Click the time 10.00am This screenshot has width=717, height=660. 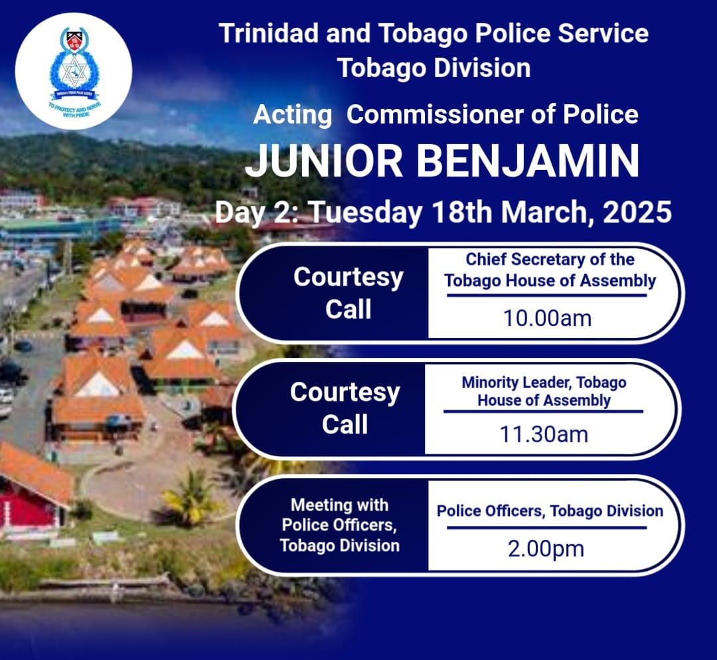[547, 318]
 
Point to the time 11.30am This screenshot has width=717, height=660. [544, 434]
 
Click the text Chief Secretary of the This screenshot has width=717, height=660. [550, 259]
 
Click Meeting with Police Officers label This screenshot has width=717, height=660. [339, 525]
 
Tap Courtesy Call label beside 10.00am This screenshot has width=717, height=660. [349, 293]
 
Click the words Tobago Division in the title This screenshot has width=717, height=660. [434, 68]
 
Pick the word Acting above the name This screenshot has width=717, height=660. [292, 115]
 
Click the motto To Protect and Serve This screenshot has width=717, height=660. [73, 108]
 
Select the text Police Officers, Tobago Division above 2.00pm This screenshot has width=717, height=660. [550, 511]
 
